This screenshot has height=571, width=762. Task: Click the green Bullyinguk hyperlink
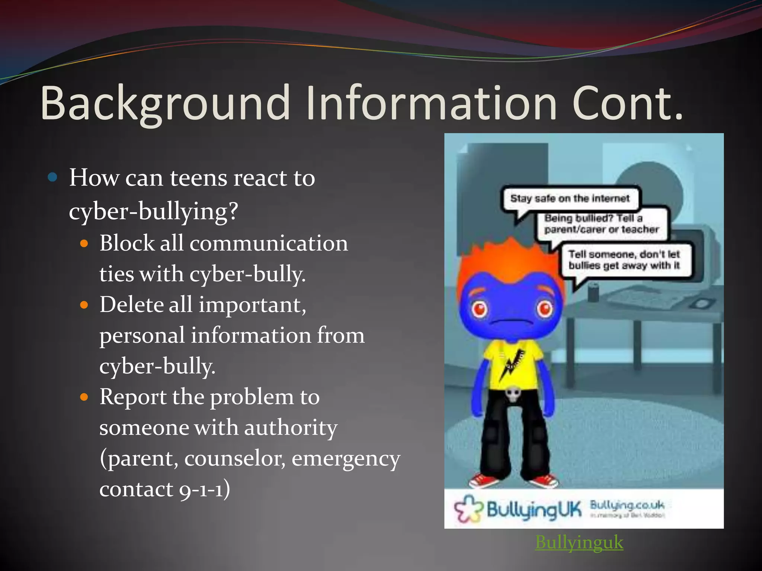(579, 542)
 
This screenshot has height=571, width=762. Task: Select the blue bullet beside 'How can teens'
(53, 177)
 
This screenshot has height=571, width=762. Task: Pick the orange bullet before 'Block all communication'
(84, 244)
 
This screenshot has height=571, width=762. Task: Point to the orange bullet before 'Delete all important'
(84, 305)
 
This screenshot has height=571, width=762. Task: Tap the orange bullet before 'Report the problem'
(84, 397)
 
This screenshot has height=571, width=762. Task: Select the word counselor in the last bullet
(235, 458)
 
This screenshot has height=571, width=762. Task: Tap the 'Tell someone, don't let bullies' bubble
(624, 260)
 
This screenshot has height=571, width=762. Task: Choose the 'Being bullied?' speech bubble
(601, 224)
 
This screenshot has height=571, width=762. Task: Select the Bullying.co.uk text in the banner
(627, 505)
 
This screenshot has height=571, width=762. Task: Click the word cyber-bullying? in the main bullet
(153, 211)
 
